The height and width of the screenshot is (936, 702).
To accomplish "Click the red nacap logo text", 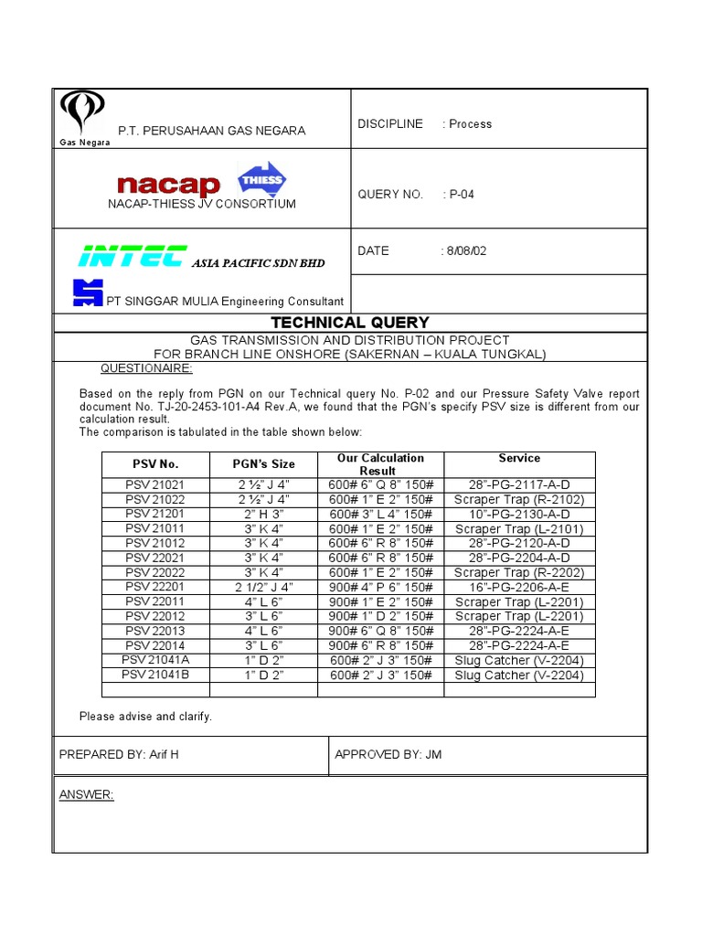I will (x=169, y=186).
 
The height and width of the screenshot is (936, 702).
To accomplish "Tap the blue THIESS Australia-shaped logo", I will (x=261, y=179).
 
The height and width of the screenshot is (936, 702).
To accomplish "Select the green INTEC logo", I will (x=133, y=257).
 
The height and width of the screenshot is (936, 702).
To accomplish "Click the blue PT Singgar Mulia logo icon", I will (x=88, y=292).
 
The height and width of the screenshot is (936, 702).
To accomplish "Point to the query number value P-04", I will (x=461, y=194).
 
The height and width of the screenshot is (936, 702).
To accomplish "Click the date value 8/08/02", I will (x=466, y=251).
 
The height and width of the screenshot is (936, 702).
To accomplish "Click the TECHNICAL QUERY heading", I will (x=350, y=323).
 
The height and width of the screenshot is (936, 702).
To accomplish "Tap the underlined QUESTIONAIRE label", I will (x=145, y=368).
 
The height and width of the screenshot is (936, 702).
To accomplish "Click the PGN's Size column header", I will (x=264, y=464).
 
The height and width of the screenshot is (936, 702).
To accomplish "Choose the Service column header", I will (x=519, y=458).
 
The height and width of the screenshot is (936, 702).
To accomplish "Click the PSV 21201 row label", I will (x=155, y=514).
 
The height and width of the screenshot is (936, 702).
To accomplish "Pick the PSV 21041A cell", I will (x=155, y=660).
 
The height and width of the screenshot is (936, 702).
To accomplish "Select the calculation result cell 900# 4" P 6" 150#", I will (x=380, y=587).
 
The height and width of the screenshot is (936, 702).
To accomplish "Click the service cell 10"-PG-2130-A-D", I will (x=519, y=514).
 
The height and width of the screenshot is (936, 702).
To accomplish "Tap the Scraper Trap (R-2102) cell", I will (x=519, y=499).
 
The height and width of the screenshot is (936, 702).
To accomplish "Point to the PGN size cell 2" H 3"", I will (x=264, y=514).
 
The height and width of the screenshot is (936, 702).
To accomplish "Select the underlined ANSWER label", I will (x=86, y=795).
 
